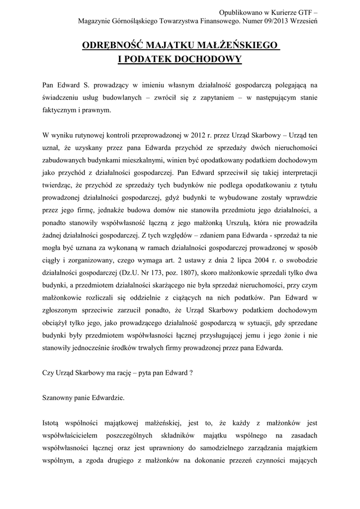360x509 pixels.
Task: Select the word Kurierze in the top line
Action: click(x=270, y=11)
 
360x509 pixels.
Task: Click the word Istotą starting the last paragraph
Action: click(x=53, y=424)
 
